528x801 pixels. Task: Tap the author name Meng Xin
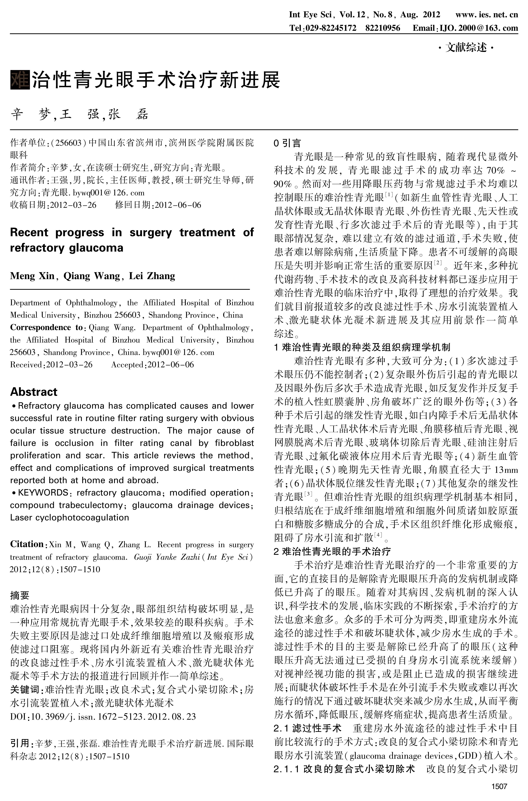tap(32, 276)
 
